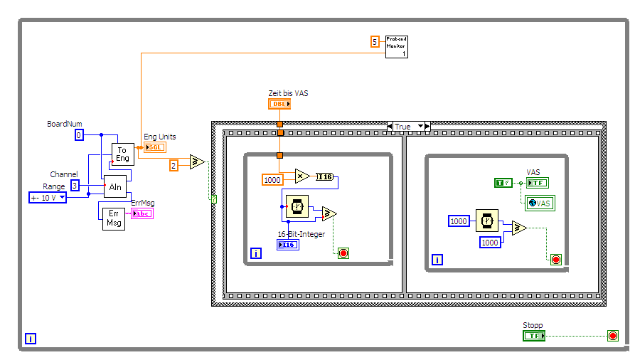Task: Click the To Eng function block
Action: [x=122, y=154]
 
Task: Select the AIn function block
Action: [x=114, y=186]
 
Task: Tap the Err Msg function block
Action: [x=112, y=218]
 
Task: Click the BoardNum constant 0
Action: [x=79, y=134]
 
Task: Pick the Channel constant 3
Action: [x=74, y=186]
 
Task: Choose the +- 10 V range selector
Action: [x=48, y=198]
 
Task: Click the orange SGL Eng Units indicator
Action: [x=154, y=147]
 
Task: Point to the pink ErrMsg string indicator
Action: [x=142, y=213]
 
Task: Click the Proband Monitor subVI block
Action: [x=397, y=46]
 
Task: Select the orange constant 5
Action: [x=375, y=41]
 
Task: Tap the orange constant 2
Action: [x=174, y=165]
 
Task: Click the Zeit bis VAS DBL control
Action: [x=279, y=104]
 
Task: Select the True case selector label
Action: [x=407, y=127]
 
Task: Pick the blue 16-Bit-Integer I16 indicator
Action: [x=288, y=244]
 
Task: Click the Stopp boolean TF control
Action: [x=533, y=336]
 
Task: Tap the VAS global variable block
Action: [x=540, y=203]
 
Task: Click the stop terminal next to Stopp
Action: [x=612, y=336]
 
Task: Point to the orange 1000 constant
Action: [x=272, y=180]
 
